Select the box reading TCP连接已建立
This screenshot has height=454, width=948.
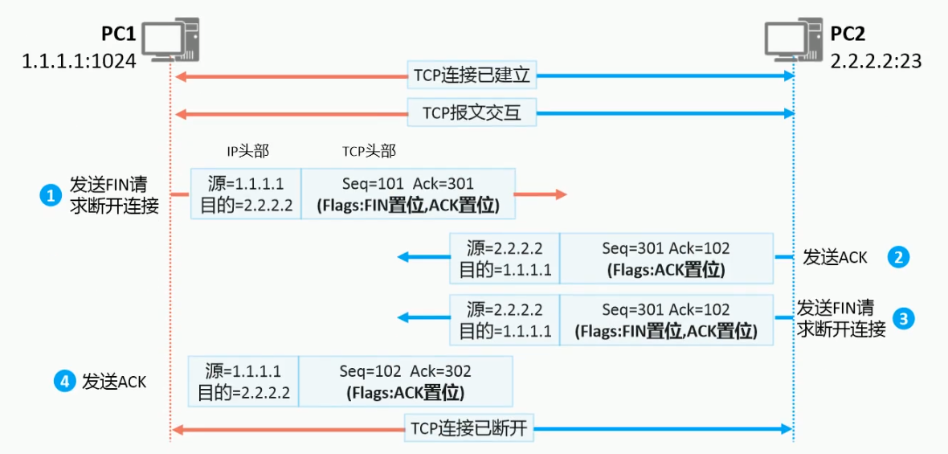(x=472, y=76)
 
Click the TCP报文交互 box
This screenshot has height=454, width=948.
(x=472, y=113)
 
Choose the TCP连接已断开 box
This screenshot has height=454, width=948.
(x=470, y=428)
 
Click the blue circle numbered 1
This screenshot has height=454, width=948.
(x=51, y=194)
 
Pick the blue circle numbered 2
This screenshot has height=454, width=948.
(x=898, y=257)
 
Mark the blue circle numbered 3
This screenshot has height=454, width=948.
(x=905, y=318)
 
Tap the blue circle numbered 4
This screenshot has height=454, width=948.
(x=64, y=382)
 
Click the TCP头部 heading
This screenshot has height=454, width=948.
(x=369, y=151)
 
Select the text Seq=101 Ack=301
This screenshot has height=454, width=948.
(x=408, y=183)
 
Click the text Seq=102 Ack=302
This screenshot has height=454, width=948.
(x=405, y=371)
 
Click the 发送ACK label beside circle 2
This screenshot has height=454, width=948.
(x=836, y=257)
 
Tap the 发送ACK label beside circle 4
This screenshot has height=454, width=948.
(x=114, y=382)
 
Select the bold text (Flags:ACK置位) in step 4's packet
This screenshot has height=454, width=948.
(x=406, y=393)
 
